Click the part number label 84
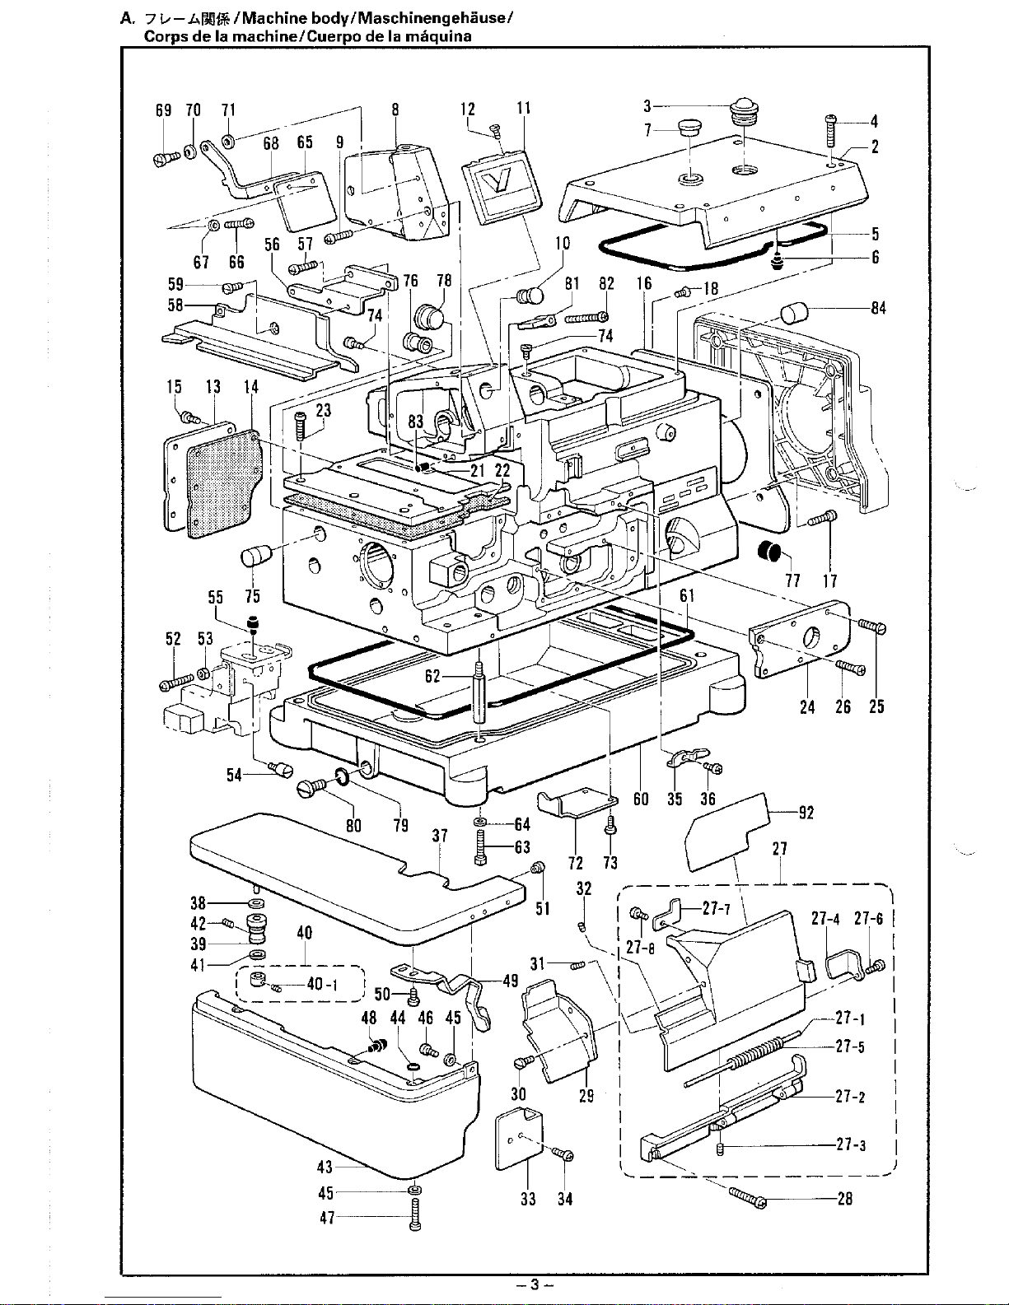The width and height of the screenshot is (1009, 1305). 878,309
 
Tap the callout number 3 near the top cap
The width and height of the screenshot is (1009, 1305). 647,106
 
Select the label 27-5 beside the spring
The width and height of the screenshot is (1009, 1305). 850,1046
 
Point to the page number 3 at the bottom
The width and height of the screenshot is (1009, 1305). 534,1284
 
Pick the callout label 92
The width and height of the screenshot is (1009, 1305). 806,813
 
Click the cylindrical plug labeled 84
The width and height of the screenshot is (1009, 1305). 794,314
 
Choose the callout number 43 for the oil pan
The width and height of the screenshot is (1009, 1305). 325,1167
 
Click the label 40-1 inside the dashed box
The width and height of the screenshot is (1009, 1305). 322,984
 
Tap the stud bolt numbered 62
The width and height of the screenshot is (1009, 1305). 479,692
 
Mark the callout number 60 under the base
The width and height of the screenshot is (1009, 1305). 641,799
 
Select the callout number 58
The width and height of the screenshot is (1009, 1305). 175,305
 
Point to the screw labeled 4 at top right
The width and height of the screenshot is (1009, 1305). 831,130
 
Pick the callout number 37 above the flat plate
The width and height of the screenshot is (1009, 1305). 440,836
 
